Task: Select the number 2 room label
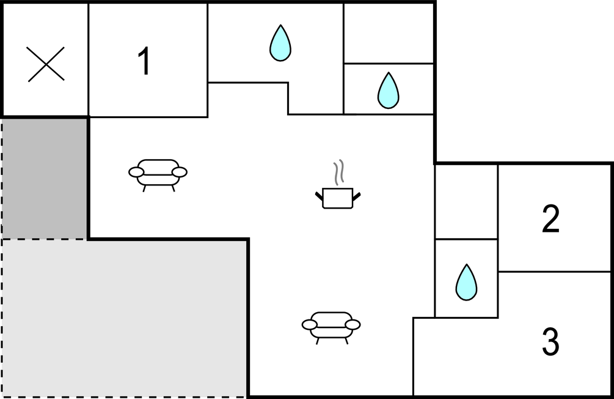(x=550, y=219)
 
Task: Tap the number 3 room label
(x=550, y=341)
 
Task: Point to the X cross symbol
(x=46, y=64)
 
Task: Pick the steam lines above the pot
(x=338, y=172)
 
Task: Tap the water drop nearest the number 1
(x=280, y=43)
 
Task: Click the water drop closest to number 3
(x=466, y=283)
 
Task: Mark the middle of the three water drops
(x=388, y=90)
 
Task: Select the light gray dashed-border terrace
(x=125, y=318)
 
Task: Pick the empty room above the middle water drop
(x=389, y=33)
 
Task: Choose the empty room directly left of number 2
(x=466, y=202)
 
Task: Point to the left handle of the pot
(x=319, y=196)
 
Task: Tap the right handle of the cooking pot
(x=356, y=196)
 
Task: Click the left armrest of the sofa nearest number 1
(x=136, y=172)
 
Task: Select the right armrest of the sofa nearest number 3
(x=353, y=324)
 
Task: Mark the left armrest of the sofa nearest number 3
(x=309, y=324)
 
